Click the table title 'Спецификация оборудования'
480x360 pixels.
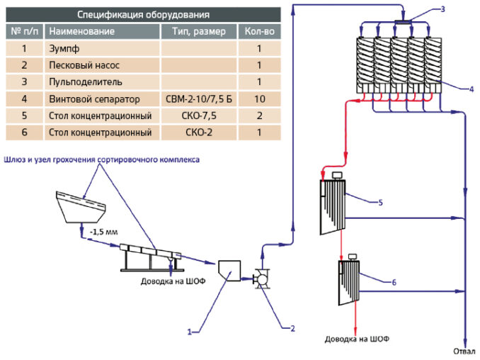(x=143, y=14)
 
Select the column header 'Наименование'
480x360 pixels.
(x=81, y=31)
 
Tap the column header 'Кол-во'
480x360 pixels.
(x=260, y=31)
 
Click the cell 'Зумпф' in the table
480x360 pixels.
(x=64, y=48)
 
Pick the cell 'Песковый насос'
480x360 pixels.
(x=84, y=65)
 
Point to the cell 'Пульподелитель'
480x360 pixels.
(x=86, y=82)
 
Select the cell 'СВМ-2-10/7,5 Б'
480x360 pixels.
(x=199, y=99)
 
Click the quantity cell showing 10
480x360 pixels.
(x=260, y=99)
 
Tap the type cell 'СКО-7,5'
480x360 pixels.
(x=199, y=116)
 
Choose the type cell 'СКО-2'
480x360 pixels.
(x=199, y=133)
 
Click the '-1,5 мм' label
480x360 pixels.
(x=104, y=232)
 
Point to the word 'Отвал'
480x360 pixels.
(x=464, y=351)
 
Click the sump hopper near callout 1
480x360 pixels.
(x=229, y=271)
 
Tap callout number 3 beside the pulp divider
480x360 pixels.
(x=442, y=9)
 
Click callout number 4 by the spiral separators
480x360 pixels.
(x=472, y=89)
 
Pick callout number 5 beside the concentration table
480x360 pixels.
(x=380, y=203)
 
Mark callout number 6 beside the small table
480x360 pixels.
(x=394, y=282)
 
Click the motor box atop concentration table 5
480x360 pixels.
(x=337, y=176)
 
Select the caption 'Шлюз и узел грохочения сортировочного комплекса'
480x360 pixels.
(x=102, y=159)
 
